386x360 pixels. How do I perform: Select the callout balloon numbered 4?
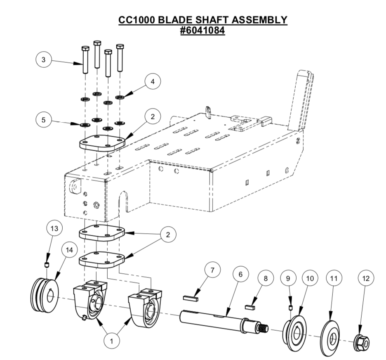[x=153, y=82]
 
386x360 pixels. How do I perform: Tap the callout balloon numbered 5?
[x=43, y=121]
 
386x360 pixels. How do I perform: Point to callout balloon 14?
[x=69, y=250]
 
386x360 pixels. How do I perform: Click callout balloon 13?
[x=56, y=227]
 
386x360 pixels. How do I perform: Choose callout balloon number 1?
[x=110, y=341]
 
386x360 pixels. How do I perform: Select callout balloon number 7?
[x=212, y=271]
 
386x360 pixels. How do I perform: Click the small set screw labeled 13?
[x=47, y=264]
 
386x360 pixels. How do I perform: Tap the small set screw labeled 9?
[x=290, y=308]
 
